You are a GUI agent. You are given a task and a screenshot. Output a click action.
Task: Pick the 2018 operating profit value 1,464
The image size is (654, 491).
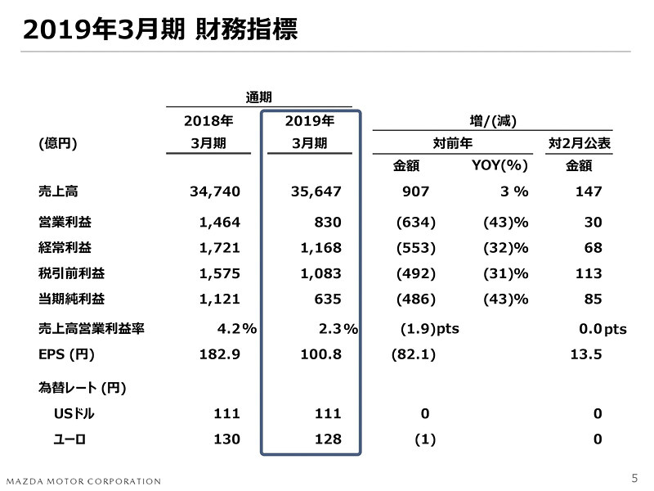click(219, 222)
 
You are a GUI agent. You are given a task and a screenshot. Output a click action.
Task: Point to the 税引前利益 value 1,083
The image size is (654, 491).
click(319, 273)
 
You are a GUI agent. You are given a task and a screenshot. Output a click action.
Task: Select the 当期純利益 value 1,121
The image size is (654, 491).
click(219, 299)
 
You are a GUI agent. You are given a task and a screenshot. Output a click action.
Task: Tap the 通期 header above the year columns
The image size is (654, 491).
click(259, 97)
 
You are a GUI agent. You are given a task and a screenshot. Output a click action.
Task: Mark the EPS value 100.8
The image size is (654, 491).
click(319, 356)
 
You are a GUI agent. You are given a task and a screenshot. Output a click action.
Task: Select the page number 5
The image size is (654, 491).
click(635, 478)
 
